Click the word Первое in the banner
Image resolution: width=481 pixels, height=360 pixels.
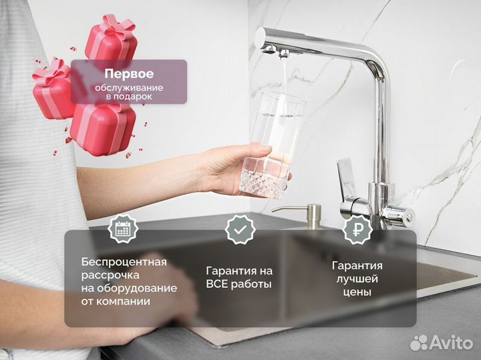tap(129, 74)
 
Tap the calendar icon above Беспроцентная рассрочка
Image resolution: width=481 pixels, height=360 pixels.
tap(122, 230)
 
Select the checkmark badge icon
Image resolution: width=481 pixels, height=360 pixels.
tap(239, 230)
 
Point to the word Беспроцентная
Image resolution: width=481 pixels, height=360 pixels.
tap(124, 262)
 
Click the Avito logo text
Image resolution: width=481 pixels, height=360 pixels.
tap(452, 342)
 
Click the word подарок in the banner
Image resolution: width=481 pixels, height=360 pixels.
tap(136, 97)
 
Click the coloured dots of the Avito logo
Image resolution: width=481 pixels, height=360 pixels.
tap(419, 343)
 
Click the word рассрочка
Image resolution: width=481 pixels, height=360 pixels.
tap(111, 275)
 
